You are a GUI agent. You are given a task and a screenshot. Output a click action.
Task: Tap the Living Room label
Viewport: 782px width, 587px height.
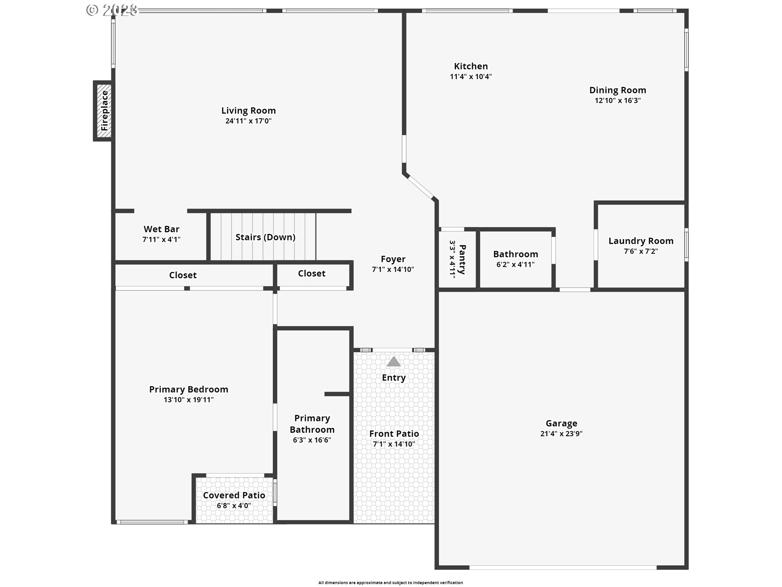coord(248,110)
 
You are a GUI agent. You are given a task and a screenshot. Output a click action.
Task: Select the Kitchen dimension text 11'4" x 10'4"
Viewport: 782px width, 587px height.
coord(471,77)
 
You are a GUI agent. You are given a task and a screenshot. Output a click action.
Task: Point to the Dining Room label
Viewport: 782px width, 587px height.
coord(617,90)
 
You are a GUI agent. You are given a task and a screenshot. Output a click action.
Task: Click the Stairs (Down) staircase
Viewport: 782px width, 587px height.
coord(263,236)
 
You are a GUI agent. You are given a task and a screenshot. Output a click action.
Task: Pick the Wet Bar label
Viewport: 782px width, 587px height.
coord(161,229)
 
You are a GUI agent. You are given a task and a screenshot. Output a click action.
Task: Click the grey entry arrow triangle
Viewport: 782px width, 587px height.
coord(393,362)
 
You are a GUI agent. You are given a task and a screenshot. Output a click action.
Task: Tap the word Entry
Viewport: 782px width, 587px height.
coord(393,377)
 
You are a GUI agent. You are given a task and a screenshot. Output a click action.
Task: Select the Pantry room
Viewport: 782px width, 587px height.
coord(457,259)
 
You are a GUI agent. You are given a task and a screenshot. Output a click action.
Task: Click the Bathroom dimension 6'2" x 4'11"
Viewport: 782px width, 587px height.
coord(515,265)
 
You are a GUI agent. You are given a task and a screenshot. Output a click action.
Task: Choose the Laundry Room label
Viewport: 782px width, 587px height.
coord(641,241)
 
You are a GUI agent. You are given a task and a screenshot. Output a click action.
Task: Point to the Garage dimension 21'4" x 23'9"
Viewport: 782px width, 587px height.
coord(561,434)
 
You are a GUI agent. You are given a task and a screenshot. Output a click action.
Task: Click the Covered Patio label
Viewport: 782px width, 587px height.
coord(234,495)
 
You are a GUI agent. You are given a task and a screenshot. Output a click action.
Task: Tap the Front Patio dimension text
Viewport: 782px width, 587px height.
coord(394,444)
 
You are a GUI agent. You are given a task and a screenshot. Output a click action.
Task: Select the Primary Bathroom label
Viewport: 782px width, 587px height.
coord(312,424)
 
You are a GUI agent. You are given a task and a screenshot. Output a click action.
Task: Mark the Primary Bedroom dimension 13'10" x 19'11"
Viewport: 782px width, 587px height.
coord(189,400)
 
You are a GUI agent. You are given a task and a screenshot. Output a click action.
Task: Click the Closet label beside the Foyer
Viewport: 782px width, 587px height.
coord(312,274)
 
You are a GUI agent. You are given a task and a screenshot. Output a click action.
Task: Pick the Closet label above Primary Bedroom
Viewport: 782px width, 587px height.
coord(183,275)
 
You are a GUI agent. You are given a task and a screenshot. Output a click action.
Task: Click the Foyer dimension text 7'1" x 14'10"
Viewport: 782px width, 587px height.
coord(393,269)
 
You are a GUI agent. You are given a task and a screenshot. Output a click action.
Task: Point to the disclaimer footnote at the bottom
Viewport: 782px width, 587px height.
coord(391,583)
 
